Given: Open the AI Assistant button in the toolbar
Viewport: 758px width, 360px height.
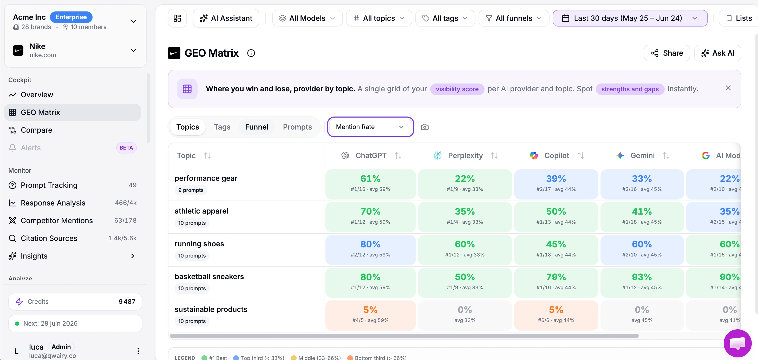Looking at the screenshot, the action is tap(226, 18).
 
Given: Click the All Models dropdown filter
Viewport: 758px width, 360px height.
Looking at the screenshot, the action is tap(307, 18).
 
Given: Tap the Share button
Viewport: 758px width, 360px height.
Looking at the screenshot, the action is tap(666, 53).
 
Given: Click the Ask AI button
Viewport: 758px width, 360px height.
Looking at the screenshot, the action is tap(717, 53).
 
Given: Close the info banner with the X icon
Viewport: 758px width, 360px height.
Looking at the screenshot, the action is tap(728, 88).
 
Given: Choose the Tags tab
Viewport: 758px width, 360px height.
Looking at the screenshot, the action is tap(222, 127).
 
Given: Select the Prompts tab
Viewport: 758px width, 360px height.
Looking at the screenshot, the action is tap(297, 127).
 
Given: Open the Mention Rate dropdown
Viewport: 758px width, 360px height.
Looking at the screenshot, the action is tap(370, 127).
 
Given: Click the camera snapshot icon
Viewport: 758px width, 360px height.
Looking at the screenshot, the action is tap(424, 127).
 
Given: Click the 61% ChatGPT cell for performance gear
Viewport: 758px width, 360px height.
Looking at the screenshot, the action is tap(370, 184).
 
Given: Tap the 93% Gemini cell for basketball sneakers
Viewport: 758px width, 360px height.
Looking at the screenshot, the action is tap(642, 282).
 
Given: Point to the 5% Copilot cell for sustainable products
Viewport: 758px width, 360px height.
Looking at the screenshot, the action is tap(556, 315).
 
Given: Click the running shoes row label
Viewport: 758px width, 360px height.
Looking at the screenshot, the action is tap(199, 244).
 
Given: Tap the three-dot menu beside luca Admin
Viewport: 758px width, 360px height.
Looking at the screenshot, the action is tap(138, 351).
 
